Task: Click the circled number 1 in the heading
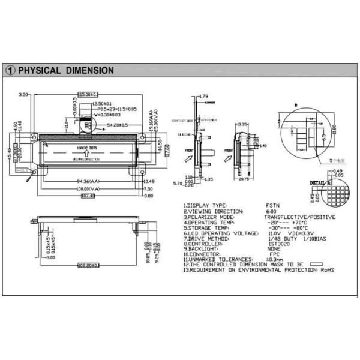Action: [10, 70]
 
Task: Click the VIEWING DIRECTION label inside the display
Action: [86, 160]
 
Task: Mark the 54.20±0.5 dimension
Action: [117, 125]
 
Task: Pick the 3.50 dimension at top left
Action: [23, 95]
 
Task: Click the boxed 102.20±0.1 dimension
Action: [89, 265]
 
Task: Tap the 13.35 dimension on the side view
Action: [242, 124]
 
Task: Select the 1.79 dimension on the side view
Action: [203, 96]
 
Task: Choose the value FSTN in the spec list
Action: [272, 206]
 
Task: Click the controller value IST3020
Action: [276, 244]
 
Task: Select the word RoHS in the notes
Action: [326, 271]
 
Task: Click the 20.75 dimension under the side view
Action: [244, 179]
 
